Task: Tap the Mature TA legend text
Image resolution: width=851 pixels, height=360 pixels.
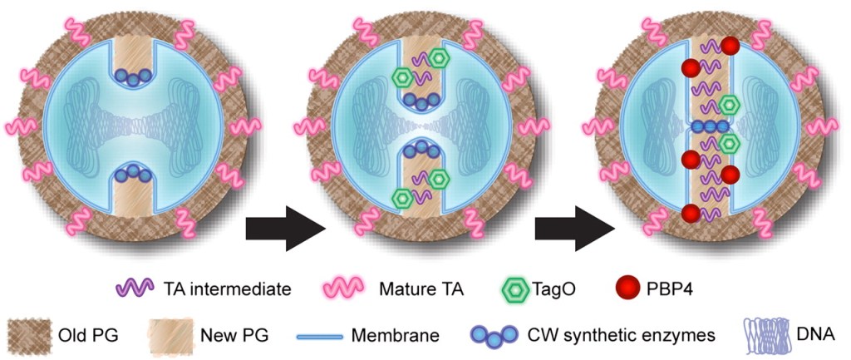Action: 422,289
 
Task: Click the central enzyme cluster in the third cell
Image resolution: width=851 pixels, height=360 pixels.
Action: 709,126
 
